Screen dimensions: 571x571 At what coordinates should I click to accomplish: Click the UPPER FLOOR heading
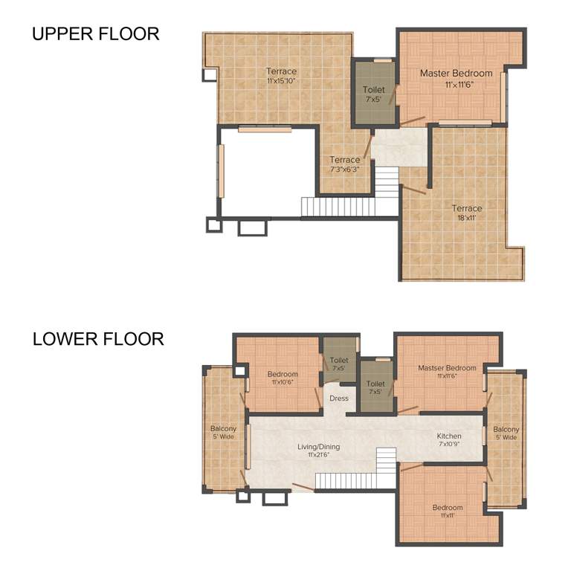pos(95,34)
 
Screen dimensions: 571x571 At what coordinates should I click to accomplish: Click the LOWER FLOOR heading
pos(97,339)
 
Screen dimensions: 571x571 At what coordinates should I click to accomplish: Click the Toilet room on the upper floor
pos(373,94)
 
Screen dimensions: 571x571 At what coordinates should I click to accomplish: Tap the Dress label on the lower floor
pos(339,399)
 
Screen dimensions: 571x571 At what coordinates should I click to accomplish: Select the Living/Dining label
pos(318,447)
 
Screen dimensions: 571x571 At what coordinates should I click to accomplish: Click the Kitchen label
pos(449,436)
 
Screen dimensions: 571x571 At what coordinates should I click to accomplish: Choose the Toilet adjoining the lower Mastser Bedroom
pos(375,387)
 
